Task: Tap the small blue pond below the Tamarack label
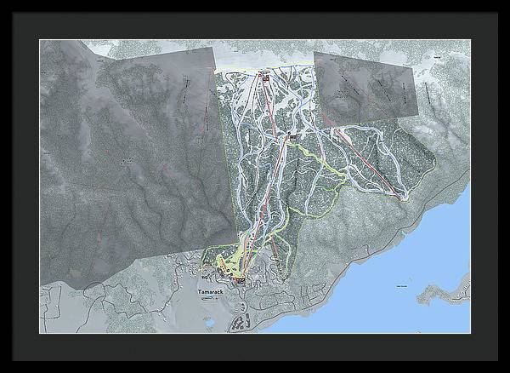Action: [207, 321]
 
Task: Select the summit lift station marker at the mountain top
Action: [264, 77]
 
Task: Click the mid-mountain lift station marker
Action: [293, 136]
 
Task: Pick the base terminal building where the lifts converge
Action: [240, 278]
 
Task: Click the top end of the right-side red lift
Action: [333, 129]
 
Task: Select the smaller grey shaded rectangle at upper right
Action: [365, 83]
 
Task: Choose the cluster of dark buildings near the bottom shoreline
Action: [241, 322]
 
